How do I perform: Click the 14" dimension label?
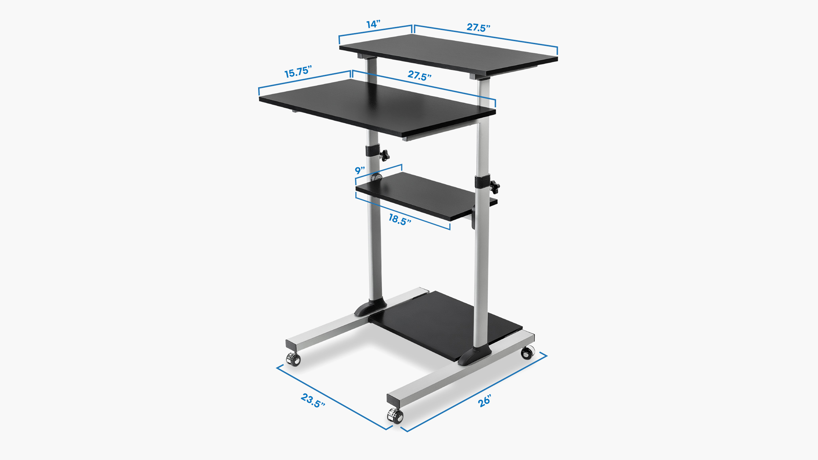[x=373, y=24]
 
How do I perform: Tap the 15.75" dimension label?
[x=298, y=72]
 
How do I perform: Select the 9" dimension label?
[x=360, y=170]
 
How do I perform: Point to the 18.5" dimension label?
[x=400, y=220]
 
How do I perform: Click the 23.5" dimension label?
[x=313, y=400]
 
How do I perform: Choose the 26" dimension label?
[x=484, y=401]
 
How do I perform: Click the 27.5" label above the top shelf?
[x=478, y=28]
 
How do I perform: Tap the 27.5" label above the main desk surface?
[x=419, y=76]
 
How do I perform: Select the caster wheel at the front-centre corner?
[x=395, y=416]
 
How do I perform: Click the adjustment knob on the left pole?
[x=86, y=154]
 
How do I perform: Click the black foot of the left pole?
[x=370, y=308]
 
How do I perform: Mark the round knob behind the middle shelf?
[x=377, y=177]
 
